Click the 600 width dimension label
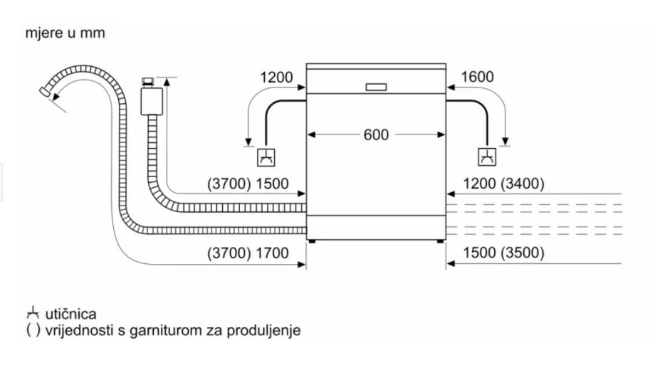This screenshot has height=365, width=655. pyautogui.click(x=376, y=135)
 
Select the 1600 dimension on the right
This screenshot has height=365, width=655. pyautogui.click(x=477, y=77)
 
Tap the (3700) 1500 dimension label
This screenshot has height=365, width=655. pyautogui.click(x=248, y=184)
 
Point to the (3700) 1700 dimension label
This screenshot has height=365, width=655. pyautogui.click(x=248, y=253)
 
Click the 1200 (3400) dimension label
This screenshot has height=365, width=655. pyautogui.click(x=504, y=184)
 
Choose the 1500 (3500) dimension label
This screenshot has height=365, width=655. pyautogui.click(x=504, y=253)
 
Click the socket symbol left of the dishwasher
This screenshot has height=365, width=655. pyautogui.click(x=266, y=157)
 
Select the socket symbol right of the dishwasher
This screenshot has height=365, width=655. pyautogui.click(x=487, y=157)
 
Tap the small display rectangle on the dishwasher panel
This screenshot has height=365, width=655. pyautogui.click(x=376, y=87)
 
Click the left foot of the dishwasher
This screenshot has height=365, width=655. pyautogui.click(x=313, y=241)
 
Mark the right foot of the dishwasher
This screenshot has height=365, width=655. pyautogui.click(x=440, y=241)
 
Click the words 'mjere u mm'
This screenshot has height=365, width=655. pyautogui.click(x=65, y=33)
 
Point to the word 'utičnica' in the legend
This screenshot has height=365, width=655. pyautogui.click(x=70, y=314)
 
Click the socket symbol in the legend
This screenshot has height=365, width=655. pyautogui.click(x=33, y=313)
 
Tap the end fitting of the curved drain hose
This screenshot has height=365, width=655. pyautogui.click(x=45, y=92)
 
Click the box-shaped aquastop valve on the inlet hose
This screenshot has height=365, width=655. pyautogui.click(x=152, y=101)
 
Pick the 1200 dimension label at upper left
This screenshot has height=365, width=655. pyautogui.click(x=276, y=78)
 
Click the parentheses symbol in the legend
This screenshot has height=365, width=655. pyautogui.click(x=33, y=330)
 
